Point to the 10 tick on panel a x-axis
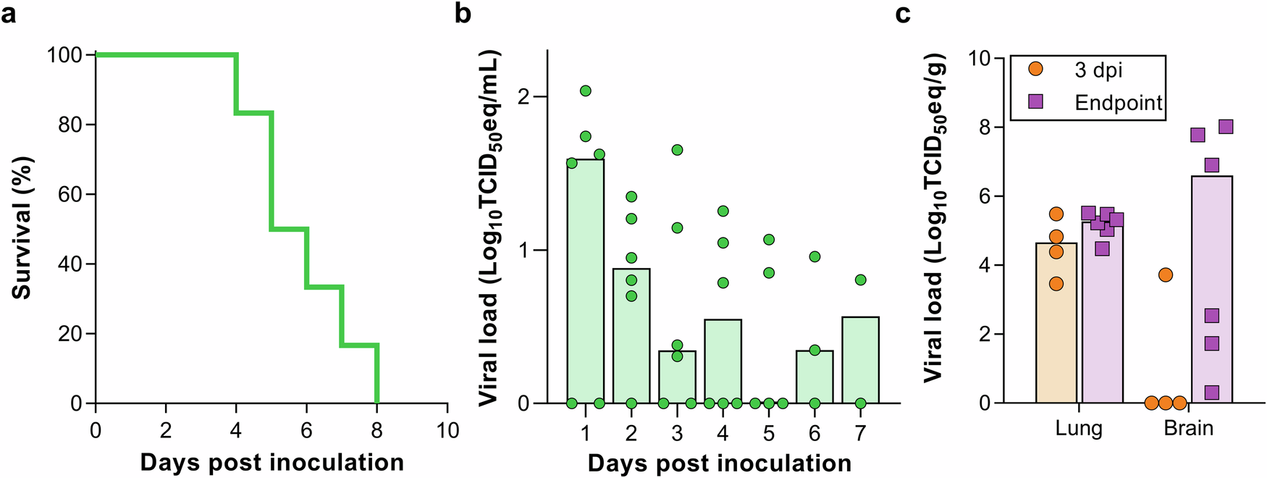447,431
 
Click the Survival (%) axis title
22,228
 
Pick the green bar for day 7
860,362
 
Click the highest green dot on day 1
586,91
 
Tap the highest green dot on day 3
677,150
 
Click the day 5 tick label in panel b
769,433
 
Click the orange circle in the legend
1036,69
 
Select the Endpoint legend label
1118,103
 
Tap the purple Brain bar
1211,290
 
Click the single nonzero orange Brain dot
1165,274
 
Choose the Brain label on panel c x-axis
1188,428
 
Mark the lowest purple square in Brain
1211,393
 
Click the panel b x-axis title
719,463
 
